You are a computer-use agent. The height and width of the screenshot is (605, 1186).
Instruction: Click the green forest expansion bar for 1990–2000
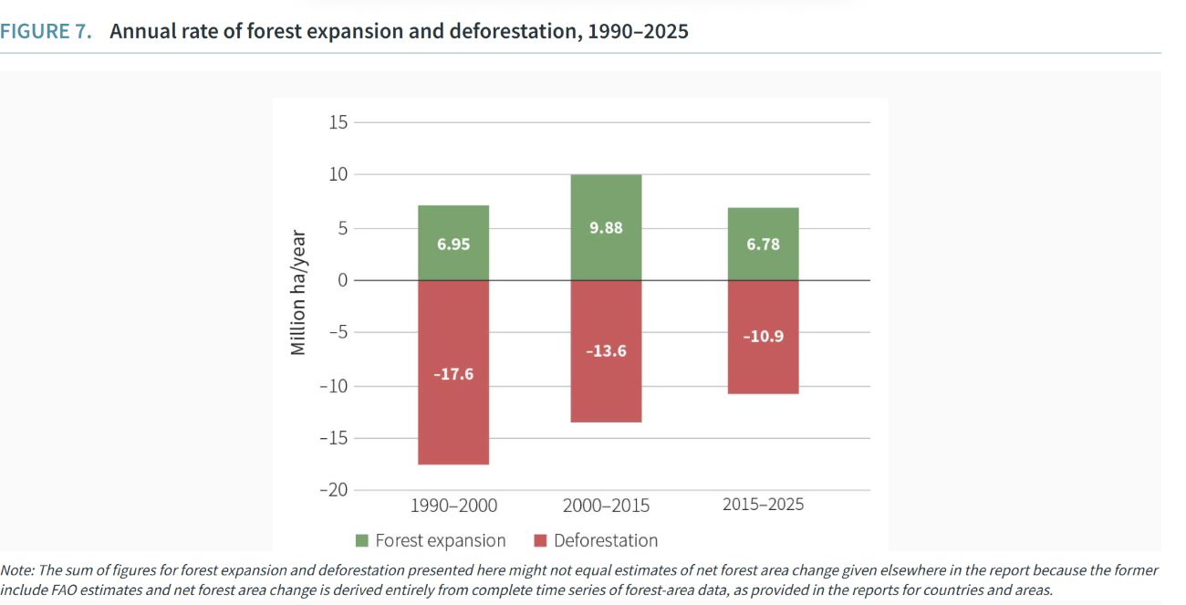pyautogui.click(x=453, y=224)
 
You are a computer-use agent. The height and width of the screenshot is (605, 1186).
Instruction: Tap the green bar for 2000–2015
pyautogui.click(x=606, y=201)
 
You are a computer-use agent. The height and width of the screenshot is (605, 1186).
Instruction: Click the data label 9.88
pyautogui.click(x=606, y=228)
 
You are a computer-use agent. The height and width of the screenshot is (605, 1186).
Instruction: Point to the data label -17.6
pyautogui.click(x=453, y=374)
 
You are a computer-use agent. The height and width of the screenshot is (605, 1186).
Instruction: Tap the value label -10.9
pyautogui.click(x=764, y=337)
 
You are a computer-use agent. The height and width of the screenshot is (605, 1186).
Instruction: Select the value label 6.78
pyautogui.click(x=764, y=245)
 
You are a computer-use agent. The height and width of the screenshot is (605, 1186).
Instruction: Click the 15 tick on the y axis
pyautogui.click(x=338, y=122)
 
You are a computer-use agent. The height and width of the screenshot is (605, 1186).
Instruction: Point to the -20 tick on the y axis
pyautogui.click(x=334, y=490)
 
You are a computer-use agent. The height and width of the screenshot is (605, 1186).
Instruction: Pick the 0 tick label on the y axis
pyautogui.click(x=343, y=280)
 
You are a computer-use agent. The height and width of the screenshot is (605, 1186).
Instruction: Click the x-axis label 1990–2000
pyautogui.click(x=453, y=506)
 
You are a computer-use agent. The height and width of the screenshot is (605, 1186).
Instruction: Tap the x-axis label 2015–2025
pyautogui.click(x=764, y=504)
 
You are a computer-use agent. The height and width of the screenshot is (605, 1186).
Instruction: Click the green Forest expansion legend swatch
pyautogui.click(x=362, y=541)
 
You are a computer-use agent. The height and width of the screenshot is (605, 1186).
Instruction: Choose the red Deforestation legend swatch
pyautogui.click(x=540, y=541)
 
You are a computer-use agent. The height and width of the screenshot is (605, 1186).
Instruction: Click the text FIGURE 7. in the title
pyautogui.click(x=46, y=32)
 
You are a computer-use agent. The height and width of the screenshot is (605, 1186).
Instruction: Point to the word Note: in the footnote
pyautogui.click(x=16, y=570)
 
